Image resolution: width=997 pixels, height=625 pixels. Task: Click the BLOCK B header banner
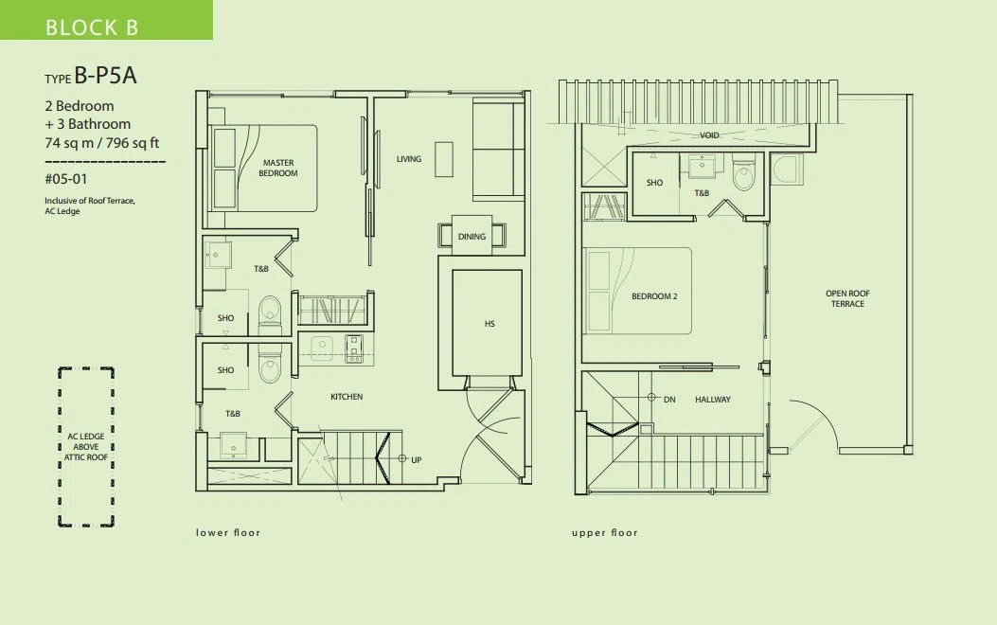[x=106, y=20]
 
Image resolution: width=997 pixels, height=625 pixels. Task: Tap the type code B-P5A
[x=105, y=76]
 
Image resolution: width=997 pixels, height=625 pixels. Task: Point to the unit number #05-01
[x=65, y=179]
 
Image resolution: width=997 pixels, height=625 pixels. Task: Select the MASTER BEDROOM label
[x=277, y=168]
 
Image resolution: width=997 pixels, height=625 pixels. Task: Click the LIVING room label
[x=409, y=159]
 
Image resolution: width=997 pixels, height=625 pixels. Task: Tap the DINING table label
[x=472, y=237]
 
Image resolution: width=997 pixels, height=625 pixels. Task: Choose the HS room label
[x=490, y=324]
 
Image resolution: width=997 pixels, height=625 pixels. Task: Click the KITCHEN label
[x=347, y=397]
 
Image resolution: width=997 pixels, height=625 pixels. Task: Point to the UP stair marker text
[x=416, y=459]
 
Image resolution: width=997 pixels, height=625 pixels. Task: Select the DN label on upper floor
[x=669, y=400]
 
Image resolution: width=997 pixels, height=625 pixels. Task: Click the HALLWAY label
[x=713, y=400]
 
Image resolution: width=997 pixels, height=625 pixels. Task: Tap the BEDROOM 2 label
[x=654, y=296]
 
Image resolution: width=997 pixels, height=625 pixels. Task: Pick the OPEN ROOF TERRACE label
[x=847, y=299]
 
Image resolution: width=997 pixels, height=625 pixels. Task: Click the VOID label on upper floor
[x=709, y=135]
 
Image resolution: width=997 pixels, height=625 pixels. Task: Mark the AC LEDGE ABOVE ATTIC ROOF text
[x=86, y=447]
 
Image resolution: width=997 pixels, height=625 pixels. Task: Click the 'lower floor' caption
[x=228, y=533]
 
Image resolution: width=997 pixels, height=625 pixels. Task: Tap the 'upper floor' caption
[x=605, y=533]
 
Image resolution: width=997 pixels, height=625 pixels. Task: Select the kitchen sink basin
[x=322, y=348]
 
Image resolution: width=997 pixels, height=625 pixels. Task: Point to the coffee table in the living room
[x=444, y=160]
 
